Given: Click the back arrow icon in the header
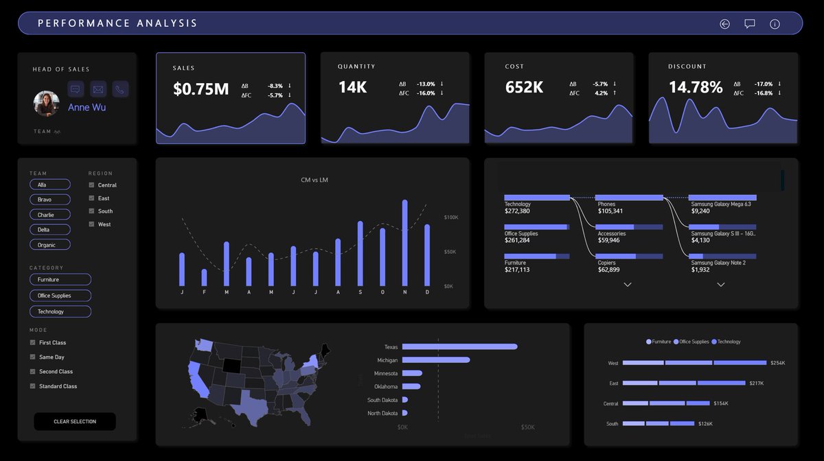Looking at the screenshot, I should [724, 24].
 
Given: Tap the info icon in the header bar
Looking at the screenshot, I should [775, 24].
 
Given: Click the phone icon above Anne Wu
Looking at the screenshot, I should [120, 89].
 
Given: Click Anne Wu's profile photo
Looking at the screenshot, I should [47, 104].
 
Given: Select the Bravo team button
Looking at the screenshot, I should [49, 200].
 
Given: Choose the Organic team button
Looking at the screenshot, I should [49, 245].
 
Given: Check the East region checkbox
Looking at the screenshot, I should [92, 198].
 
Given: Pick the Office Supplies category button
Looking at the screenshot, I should [60, 296].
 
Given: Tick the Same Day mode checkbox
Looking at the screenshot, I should [32, 357].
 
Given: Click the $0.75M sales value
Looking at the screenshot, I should [201, 88].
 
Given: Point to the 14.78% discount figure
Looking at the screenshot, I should [696, 88].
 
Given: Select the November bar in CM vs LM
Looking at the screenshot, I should [404, 243].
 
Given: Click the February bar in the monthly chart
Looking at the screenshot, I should [204, 277].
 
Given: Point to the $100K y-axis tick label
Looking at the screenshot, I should [451, 217].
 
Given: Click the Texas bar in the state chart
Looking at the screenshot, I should [459, 347].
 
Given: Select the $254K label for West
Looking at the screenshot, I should [777, 363].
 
